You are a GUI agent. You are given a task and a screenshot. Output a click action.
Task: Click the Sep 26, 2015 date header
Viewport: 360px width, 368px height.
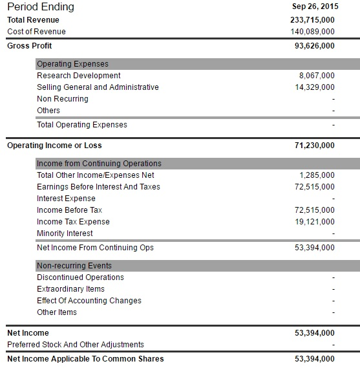(315, 6)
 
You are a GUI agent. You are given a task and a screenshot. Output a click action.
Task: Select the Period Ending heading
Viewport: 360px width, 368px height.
(41, 7)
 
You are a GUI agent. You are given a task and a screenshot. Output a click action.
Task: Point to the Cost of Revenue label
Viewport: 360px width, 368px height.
(36, 32)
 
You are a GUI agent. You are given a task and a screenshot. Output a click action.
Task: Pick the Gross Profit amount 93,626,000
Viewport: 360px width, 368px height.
(314, 46)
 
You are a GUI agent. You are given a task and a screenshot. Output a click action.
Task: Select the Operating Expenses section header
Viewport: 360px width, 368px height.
(72, 64)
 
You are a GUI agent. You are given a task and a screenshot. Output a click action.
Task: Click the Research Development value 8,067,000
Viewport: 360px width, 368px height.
(317, 76)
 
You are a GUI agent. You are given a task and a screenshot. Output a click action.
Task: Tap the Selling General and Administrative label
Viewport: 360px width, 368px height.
(98, 87)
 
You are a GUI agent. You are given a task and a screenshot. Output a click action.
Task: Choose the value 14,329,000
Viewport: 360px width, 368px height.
(314, 87)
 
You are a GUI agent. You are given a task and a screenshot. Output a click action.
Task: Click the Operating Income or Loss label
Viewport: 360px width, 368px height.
(54, 146)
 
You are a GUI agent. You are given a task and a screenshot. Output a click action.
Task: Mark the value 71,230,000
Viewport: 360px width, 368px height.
(314, 146)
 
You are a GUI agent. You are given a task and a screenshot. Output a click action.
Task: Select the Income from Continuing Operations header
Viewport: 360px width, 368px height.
(99, 164)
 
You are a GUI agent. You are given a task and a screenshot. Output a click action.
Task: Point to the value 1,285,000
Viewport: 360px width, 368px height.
(317, 175)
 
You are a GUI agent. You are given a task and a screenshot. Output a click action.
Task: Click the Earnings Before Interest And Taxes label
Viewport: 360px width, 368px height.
(98, 187)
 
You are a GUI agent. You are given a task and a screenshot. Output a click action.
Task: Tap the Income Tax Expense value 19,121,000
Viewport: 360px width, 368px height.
(314, 222)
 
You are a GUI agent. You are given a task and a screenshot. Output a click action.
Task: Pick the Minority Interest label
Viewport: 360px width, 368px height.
(65, 233)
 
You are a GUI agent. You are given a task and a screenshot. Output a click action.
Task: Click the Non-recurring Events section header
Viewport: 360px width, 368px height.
(74, 266)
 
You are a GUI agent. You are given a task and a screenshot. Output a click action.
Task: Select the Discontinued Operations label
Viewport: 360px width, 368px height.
(80, 277)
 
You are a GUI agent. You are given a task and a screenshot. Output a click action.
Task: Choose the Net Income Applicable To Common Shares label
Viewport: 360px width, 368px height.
(85, 358)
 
